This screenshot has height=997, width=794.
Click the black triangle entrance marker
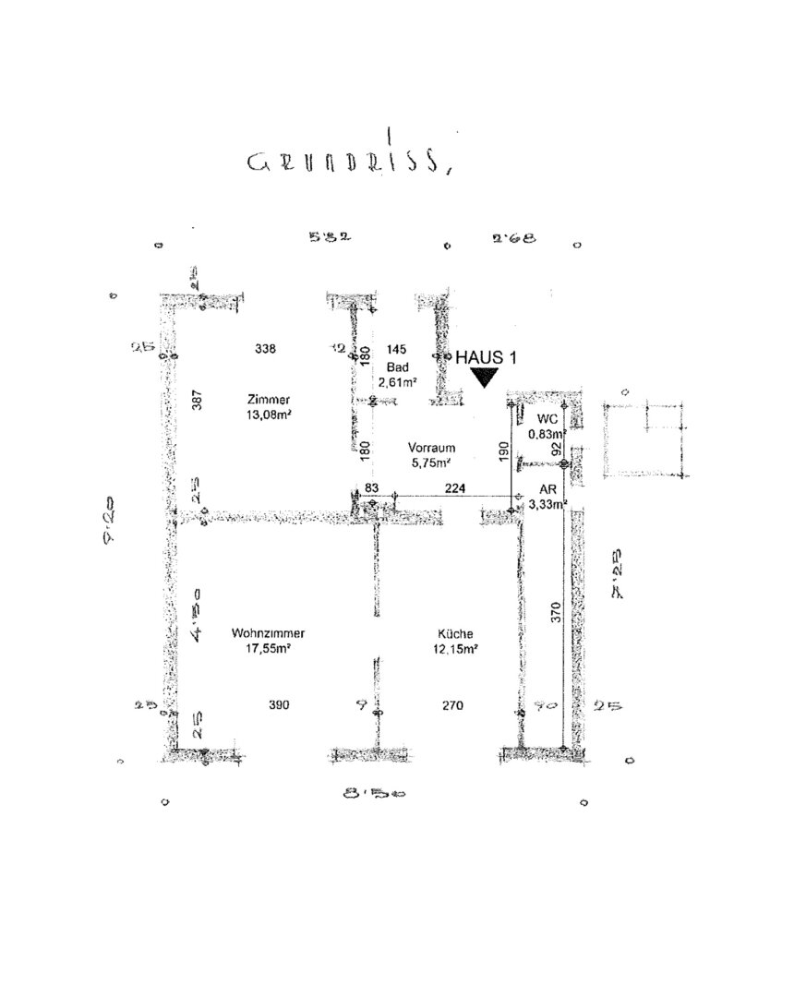click(x=484, y=377)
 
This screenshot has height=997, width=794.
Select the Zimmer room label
click(x=269, y=400)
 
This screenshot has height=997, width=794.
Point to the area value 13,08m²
click(x=269, y=414)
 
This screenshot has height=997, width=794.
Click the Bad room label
click(x=398, y=366)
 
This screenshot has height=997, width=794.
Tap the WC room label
click(x=547, y=418)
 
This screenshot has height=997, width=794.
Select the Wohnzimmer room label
click(x=269, y=634)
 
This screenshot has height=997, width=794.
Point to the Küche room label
click(x=456, y=634)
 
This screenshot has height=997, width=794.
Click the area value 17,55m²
click(x=269, y=649)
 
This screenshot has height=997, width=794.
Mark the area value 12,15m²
click(x=456, y=649)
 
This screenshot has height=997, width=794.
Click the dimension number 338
click(x=265, y=349)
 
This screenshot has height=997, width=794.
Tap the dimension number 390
click(x=279, y=705)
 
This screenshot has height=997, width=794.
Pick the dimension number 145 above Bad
click(x=398, y=349)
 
